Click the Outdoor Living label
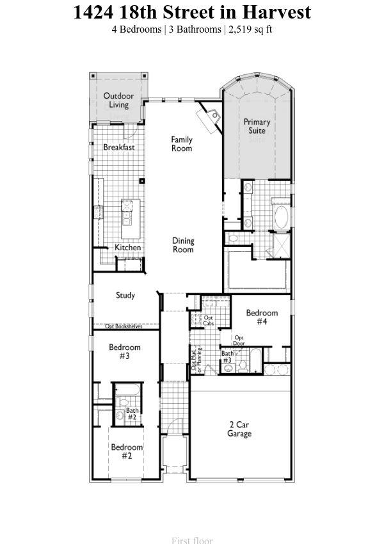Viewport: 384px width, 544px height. point(118,100)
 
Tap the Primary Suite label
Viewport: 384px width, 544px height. point(257,126)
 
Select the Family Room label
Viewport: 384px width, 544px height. point(182,144)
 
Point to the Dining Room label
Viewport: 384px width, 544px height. point(183,245)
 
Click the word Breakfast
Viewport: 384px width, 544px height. point(119,147)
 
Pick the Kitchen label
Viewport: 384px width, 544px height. point(128,248)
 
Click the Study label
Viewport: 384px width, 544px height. point(125,296)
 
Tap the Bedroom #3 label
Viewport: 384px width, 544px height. point(124,351)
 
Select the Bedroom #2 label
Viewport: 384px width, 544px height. point(126,451)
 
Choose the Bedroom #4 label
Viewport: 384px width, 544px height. point(262,317)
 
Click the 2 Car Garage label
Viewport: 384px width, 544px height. point(239,429)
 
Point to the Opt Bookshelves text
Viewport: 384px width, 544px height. point(124,326)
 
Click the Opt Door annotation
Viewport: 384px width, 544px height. point(239,340)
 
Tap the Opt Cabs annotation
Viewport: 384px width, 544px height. point(209,320)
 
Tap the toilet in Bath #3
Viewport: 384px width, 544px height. point(243,365)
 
